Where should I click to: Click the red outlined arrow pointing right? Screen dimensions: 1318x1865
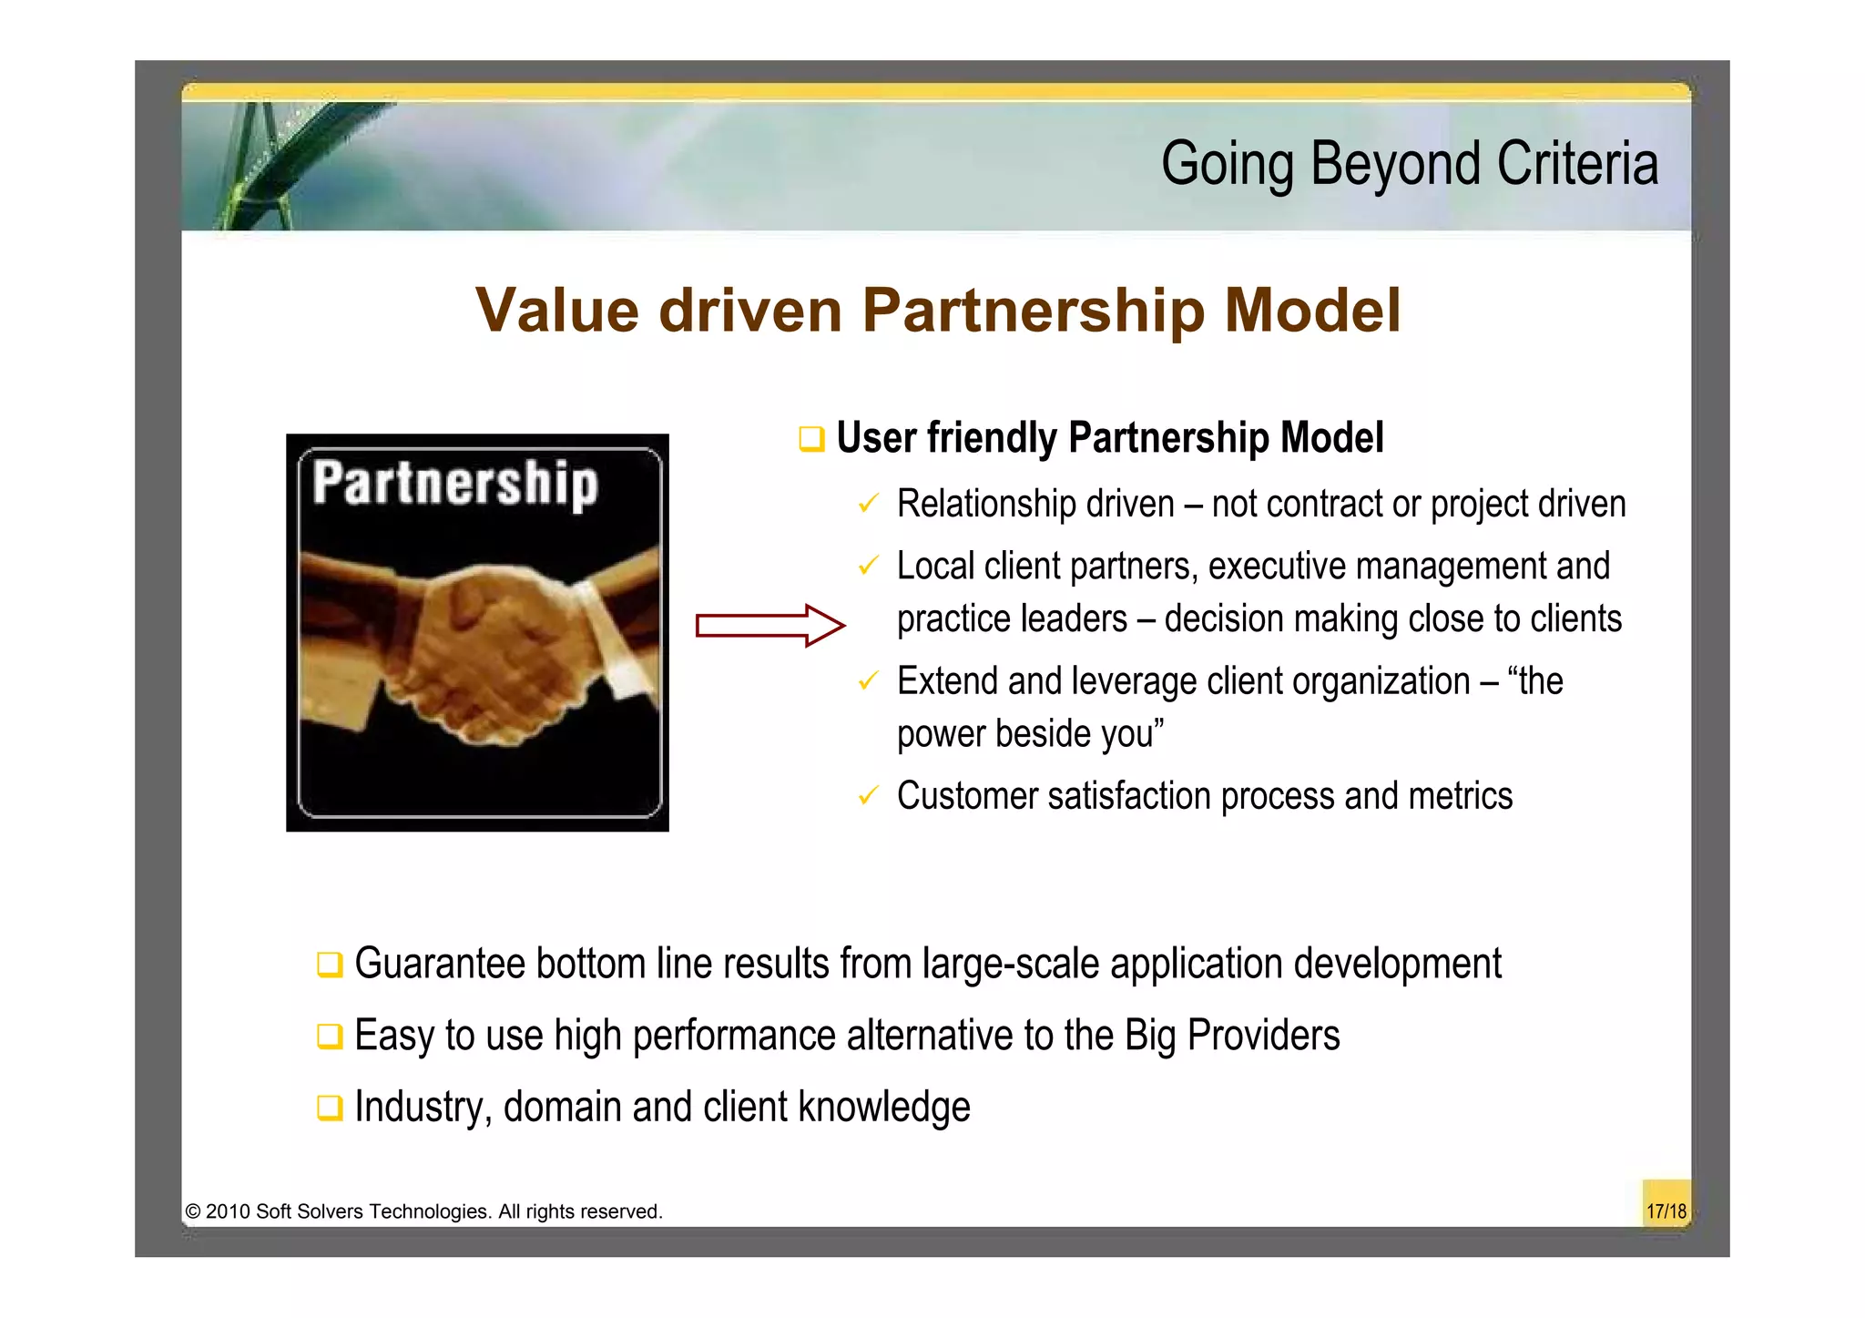click(770, 626)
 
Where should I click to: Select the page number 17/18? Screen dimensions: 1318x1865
click(1666, 1211)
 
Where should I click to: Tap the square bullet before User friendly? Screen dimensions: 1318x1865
click(810, 439)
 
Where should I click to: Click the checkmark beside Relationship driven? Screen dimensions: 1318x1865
click(868, 504)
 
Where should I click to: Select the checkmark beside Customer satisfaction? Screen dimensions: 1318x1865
click(868, 796)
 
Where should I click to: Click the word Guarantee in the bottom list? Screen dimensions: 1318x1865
click(439, 964)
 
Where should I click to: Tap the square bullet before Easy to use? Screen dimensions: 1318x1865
click(329, 1037)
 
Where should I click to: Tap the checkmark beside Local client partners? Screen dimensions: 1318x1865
click(868, 567)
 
